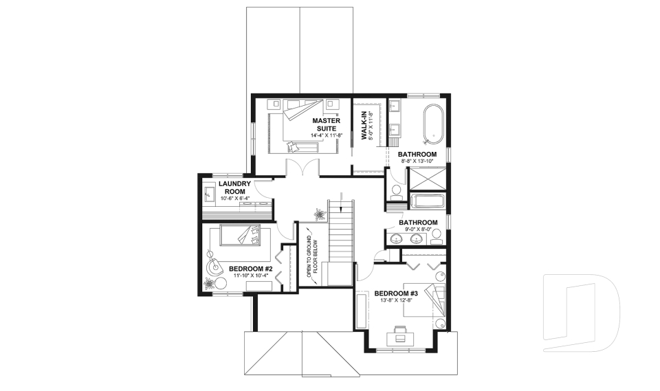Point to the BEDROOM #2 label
click(251, 268)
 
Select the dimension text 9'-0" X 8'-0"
click(417, 231)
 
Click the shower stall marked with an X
click(426, 178)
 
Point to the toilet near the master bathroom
click(396, 192)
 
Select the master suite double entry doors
click(302, 169)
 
